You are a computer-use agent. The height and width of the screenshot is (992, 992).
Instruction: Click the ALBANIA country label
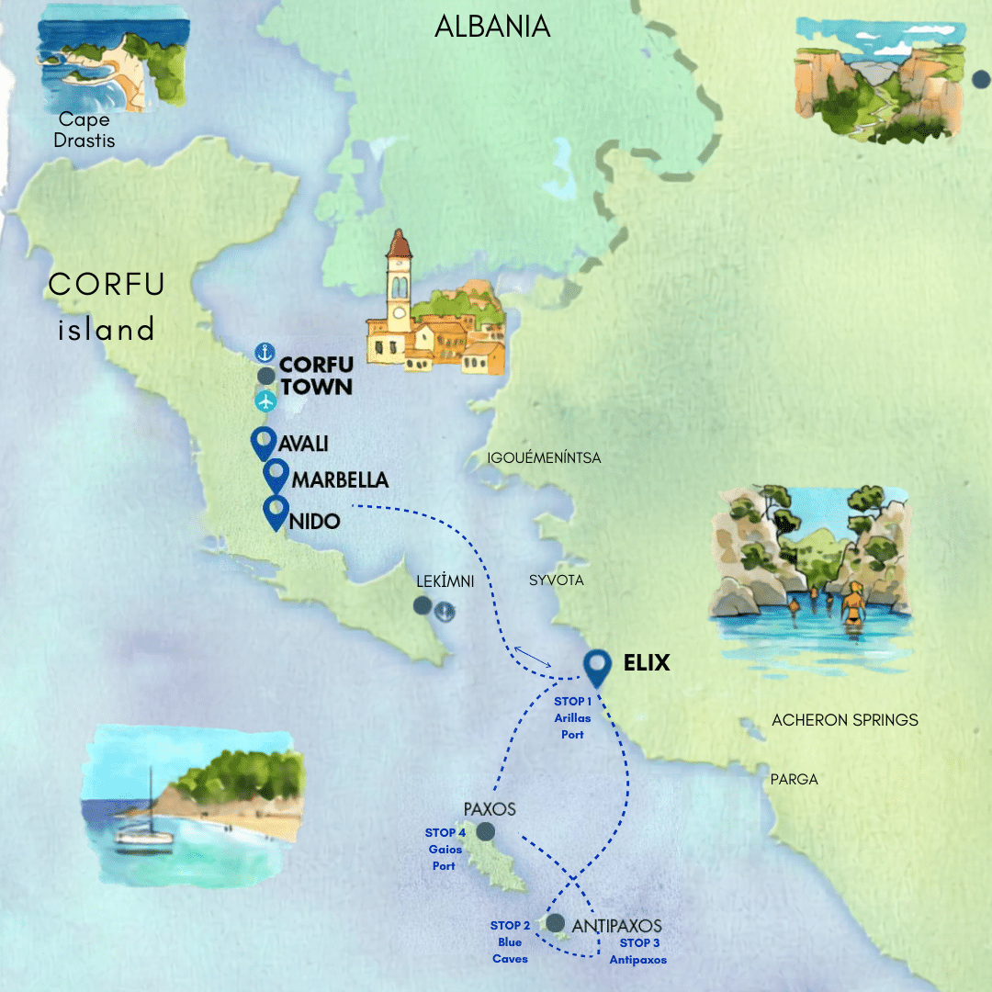pos(492,26)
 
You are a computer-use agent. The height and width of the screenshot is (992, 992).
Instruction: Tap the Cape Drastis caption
pos(84,130)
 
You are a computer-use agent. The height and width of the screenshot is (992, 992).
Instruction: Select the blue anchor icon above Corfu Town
pos(265,353)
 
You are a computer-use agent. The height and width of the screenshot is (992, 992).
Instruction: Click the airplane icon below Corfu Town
pos(265,400)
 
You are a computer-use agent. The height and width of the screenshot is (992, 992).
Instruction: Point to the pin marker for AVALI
pos(264,443)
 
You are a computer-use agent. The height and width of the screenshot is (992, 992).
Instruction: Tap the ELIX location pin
pos(599,668)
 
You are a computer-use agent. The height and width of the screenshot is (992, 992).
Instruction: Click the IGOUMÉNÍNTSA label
pos(545,457)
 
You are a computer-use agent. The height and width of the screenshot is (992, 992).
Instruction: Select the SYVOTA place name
pos(556,581)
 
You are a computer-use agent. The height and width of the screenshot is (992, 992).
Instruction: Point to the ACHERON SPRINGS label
pos(844,720)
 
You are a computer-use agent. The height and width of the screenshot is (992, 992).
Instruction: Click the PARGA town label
pos(795,780)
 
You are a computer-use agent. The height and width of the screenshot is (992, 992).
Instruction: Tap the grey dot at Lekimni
pos(422,605)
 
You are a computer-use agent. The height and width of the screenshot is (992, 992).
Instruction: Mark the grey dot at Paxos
pos(485,831)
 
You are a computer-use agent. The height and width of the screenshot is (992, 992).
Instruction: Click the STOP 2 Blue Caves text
pos(507,942)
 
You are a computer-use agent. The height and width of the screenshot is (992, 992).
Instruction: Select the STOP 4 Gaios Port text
pos(444,850)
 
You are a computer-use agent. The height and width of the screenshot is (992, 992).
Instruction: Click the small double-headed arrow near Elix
pos(533,656)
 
